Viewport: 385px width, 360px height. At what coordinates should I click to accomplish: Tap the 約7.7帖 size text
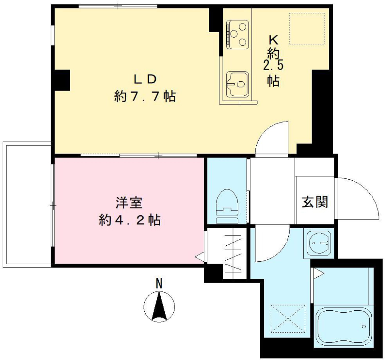tap(145, 97)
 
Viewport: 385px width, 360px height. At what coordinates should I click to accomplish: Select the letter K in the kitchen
tap(273, 40)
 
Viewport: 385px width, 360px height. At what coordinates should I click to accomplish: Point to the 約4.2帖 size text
tap(130, 220)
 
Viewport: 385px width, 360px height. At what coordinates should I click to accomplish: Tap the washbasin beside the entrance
tap(319, 243)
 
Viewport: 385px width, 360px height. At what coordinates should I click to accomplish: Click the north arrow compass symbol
tap(159, 307)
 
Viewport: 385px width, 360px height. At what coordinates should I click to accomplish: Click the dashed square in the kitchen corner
tap(307, 28)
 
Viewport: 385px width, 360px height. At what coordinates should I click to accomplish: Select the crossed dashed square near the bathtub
tap(288, 319)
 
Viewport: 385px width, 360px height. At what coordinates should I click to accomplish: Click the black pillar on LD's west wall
tap(63, 79)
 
